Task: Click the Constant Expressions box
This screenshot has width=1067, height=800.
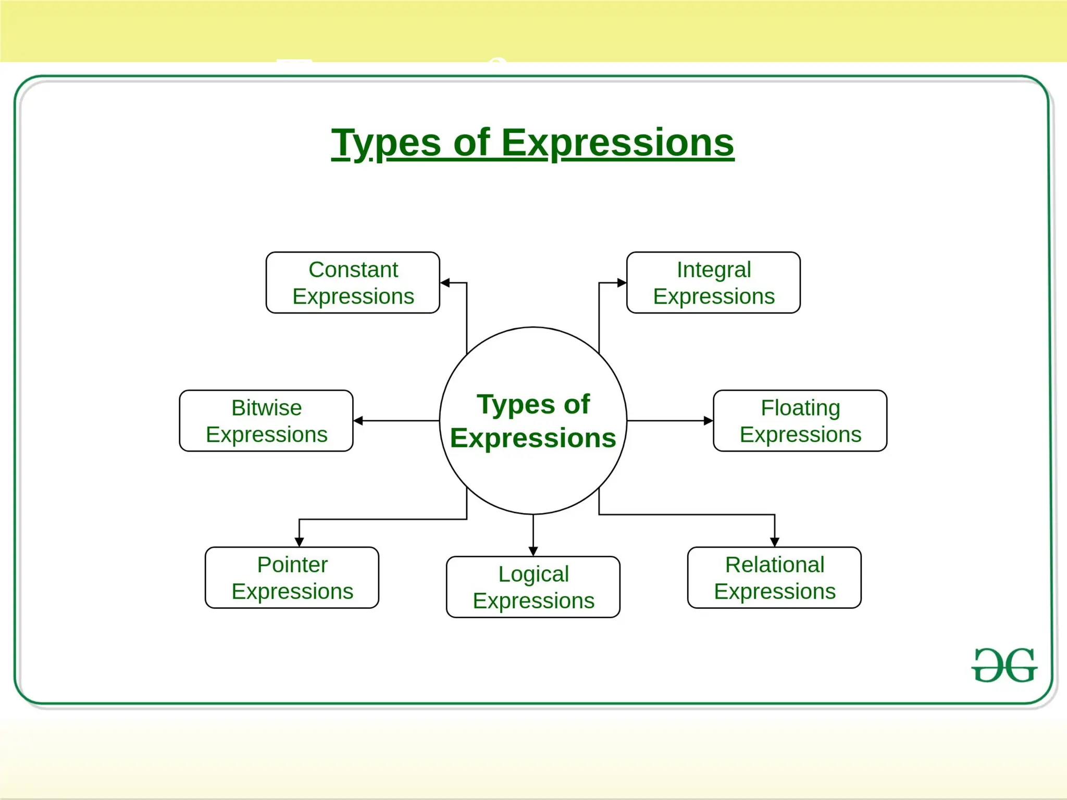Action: tap(353, 283)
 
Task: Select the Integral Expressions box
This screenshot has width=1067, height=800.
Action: tap(713, 283)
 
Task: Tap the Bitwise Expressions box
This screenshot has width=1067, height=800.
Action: tap(266, 421)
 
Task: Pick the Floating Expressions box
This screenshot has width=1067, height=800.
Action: tap(800, 421)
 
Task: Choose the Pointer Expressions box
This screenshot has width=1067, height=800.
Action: tap(292, 578)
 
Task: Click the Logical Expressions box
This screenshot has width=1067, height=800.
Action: tap(533, 587)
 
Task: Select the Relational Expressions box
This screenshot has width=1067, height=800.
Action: tap(774, 578)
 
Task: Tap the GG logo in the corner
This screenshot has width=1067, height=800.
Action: tap(1004, 665)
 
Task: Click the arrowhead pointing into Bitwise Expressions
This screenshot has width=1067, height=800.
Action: tap(358, 420)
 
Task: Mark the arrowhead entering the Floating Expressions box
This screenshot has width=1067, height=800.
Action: tap(709, 420)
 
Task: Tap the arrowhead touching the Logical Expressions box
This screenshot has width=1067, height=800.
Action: tap(533, 552)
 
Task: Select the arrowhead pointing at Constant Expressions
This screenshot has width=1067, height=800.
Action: tap(444, 283)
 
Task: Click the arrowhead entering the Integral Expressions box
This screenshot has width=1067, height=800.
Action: tap(622, 283)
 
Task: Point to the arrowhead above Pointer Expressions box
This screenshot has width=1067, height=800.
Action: tap(299, 542)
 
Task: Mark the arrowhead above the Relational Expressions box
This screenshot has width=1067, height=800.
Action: tap(775, 542)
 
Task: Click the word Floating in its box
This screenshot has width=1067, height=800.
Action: tap(800, 408)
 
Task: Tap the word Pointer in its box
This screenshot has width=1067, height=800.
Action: tap(292, 565)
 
